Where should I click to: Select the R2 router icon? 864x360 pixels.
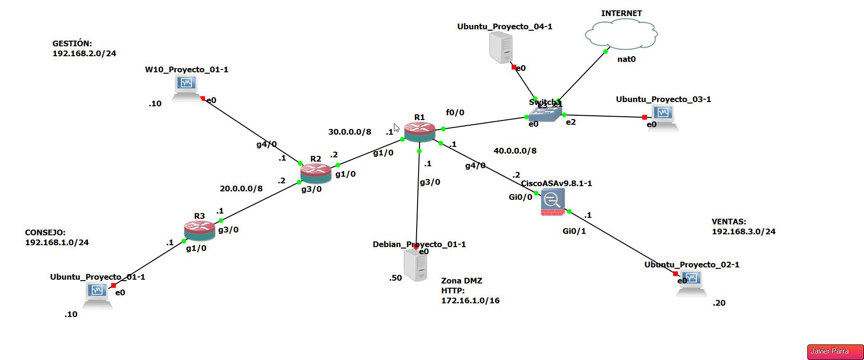[316, 172]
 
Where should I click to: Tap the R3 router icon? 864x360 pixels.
[199, 230]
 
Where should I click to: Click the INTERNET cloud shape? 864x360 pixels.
[621, 34]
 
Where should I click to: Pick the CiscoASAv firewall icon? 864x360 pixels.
[552, 202]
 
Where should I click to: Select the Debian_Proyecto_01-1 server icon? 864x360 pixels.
[416, 266]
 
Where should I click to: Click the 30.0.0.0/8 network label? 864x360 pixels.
[350, 132]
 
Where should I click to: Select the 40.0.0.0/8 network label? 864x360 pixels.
[515, 151]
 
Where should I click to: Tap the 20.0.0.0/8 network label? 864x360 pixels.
[241, 189]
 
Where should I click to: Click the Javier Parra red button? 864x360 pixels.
[835, 351]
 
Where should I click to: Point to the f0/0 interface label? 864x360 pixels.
[455, 112]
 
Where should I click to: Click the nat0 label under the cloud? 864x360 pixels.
[626, 59]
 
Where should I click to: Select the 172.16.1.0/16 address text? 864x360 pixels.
[470, 300]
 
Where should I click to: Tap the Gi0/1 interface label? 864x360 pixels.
[574, 231]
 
